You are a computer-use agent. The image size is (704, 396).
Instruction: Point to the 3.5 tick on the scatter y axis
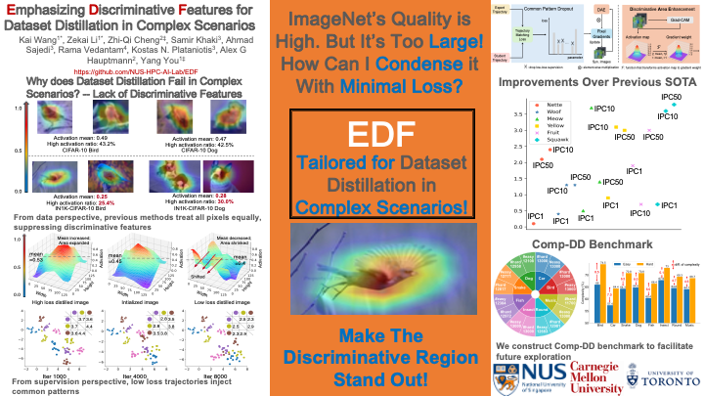(520, 114)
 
